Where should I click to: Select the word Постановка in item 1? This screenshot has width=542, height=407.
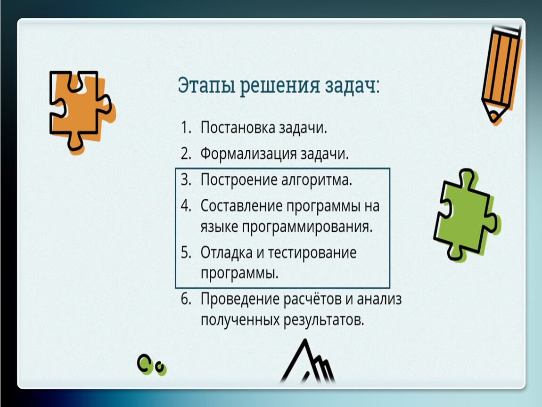tap(238, 128)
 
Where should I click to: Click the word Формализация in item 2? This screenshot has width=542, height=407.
tap(248, 154)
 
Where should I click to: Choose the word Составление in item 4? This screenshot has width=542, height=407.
tap(241, 206)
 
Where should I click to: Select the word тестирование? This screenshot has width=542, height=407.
tap(312, 252)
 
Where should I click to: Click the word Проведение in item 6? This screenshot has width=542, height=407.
tap(239, 299)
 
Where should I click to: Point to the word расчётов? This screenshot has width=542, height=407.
tap(315, 299)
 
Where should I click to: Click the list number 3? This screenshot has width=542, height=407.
tap(185, 179)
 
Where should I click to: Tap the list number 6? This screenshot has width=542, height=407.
tap(186, 299)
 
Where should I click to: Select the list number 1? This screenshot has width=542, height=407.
tap(185, 128)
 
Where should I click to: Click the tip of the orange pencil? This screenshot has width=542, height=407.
tap(493, 119)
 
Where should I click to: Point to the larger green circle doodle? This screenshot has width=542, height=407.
tap(145, 364)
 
